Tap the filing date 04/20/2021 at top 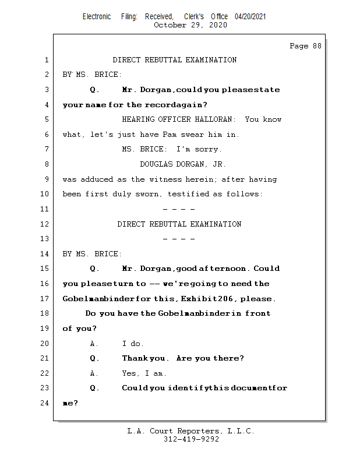tap(250, 17)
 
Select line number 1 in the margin tap(46, 60)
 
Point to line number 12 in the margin tap(44, 224)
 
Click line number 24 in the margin tap(44, 403)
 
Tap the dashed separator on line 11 tap(178, 209)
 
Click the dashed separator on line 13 tap(178, 239)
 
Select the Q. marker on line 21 tap(94, 358)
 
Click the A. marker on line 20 tap(94, 344)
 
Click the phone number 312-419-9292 tap(191, 439)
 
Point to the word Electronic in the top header tap(97, 17)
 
